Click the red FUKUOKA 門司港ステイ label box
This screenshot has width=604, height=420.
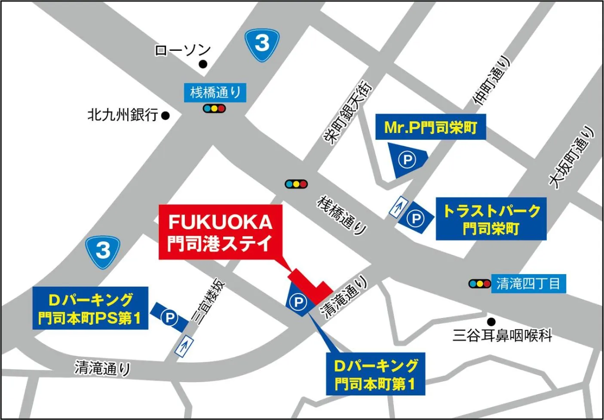[x=221, y=232]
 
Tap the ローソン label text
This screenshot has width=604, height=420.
[x=182, y=51]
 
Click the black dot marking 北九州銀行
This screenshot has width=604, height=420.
[x=166, y=115]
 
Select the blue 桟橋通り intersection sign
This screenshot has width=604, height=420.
[x=215, y=93]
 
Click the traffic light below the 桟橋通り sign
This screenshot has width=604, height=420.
[x=214, y=108]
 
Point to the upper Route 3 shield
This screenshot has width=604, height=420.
[x=262, y=43]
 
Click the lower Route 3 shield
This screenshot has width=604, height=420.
[x=102, y=251]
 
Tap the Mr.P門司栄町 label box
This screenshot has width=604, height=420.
[x=430, y=127]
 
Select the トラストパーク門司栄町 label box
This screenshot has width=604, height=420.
[x=491, y=219]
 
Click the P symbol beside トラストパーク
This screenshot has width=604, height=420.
[x=415, y=219]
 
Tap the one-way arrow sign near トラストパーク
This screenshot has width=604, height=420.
[x=399, y=207]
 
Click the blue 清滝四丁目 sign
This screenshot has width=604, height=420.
[x=528, y=284]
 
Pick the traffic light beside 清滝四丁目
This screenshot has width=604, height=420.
[x=479, y=284]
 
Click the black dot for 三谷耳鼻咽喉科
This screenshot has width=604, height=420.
[x=491, y=321]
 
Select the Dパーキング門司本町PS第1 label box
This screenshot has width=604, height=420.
[x=90, y=308]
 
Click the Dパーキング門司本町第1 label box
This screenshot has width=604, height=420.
[x=375, y=374]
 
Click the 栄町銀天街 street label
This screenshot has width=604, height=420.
[x=347, y=113]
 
